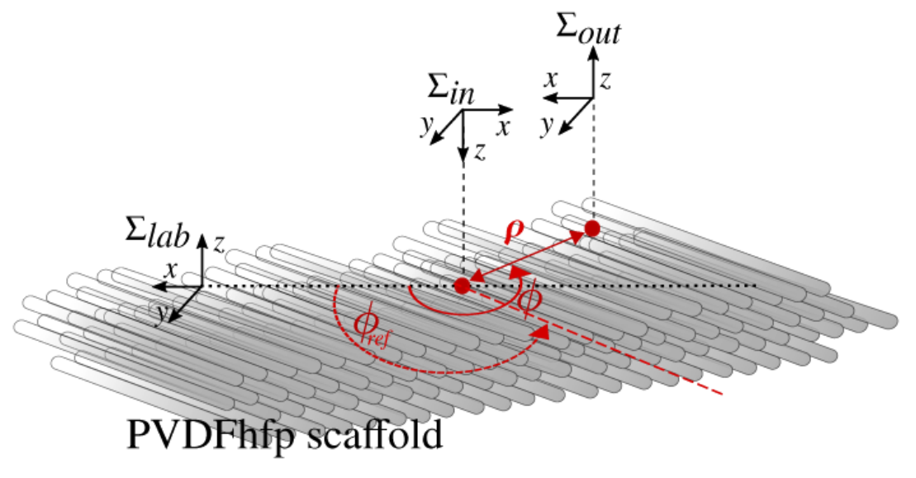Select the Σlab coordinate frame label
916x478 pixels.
click(157, 232)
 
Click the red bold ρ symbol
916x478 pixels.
click(514, 231)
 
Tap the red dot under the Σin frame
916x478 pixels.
click(462, 286)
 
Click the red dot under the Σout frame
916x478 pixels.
click(592, 228)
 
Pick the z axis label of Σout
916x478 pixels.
click(605, 81)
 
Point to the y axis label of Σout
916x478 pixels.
click(547, 125)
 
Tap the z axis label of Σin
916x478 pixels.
click(480, 152)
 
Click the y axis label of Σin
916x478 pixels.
click(427, 125)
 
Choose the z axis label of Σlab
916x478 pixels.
click(219, 244)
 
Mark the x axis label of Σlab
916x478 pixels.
click(171, 270)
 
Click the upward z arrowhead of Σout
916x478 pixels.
click(594, 54)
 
